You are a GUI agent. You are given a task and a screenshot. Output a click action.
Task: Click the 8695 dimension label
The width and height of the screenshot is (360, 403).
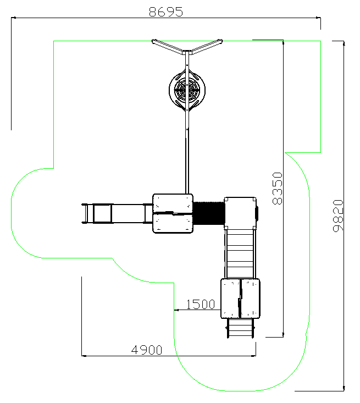[x=166, y=12]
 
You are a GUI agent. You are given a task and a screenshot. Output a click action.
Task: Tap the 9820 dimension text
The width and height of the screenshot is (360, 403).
[x=338, y=216]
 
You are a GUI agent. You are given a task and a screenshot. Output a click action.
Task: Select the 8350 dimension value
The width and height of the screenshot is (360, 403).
[x=277, y=189]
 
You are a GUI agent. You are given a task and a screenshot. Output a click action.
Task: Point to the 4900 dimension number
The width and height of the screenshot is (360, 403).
[x=147, y=350]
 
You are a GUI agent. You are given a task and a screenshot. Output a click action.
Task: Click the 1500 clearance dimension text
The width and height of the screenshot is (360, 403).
[x=201, y=304]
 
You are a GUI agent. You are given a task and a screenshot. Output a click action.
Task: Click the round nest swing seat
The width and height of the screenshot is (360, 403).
[x=187, y=90]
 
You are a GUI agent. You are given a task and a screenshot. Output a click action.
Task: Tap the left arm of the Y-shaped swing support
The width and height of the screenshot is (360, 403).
[x=167, y=46]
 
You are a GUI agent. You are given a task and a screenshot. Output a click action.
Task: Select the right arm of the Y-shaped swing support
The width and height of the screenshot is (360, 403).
[x=207, y=46]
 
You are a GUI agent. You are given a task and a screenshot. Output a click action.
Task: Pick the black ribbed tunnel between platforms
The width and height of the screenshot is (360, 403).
[x=209, y=213]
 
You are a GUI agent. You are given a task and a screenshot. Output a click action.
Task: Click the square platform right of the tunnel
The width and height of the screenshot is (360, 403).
[x=240, y=213]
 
